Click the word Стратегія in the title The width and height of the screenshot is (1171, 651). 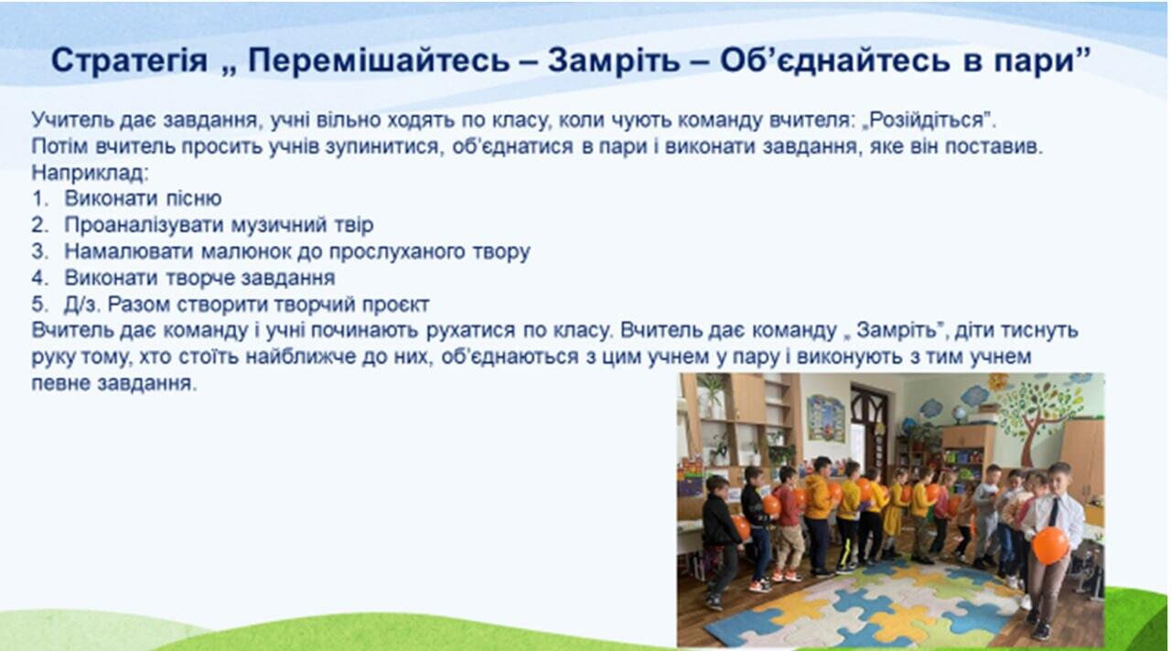point(129,60)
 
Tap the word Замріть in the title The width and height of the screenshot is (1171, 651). point(614,59)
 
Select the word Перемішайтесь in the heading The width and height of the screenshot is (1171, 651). point(379,59)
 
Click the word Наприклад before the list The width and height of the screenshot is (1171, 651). point(90,173)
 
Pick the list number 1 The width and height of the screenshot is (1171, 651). point(38,198)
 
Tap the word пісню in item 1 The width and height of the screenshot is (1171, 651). point(193,198)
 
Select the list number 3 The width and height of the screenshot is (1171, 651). point(39,251)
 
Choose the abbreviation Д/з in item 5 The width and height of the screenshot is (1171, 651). point(80,304)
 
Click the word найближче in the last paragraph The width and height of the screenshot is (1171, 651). point(301,357)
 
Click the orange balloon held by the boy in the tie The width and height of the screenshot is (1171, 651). point(1049,546)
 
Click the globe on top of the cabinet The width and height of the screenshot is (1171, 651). point(960,414)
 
